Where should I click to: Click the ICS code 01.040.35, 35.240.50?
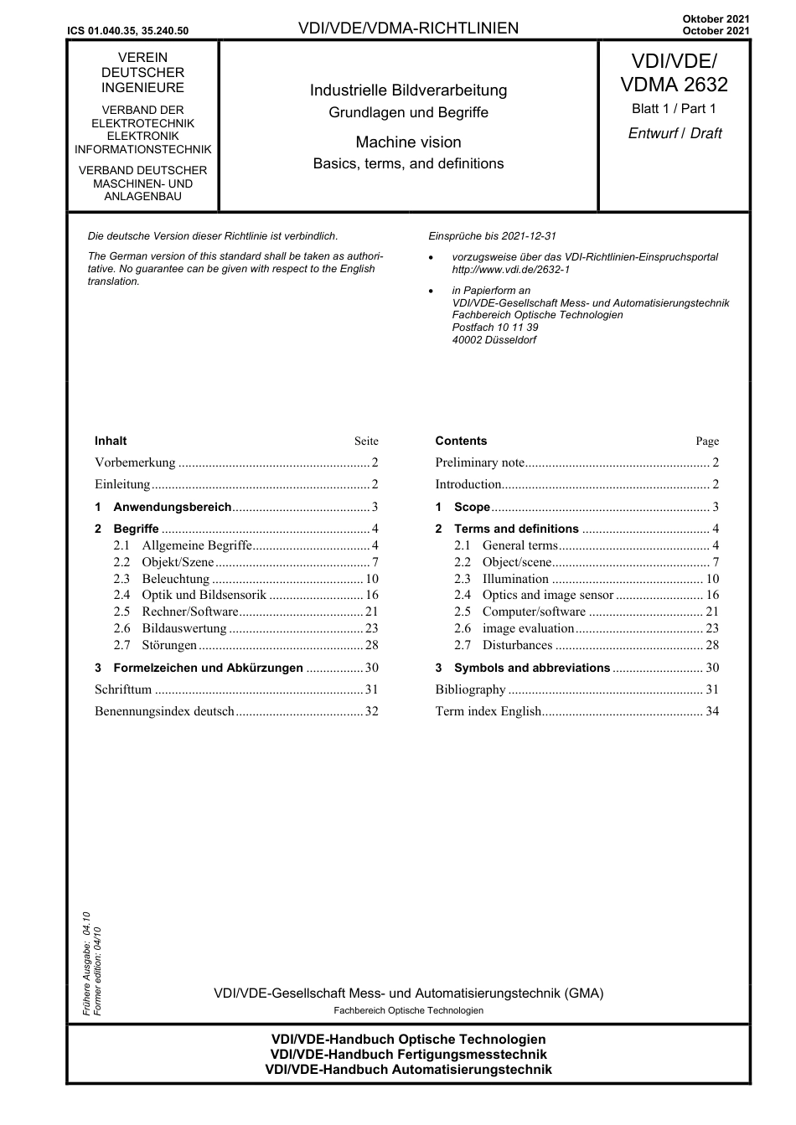128,31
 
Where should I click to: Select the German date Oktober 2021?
716,18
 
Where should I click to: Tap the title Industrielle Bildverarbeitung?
408,90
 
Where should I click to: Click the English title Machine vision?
408,142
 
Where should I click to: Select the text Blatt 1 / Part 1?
674,109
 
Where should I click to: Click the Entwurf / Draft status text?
675,133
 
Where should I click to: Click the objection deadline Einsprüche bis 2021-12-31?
492,236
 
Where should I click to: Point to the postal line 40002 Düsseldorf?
494,340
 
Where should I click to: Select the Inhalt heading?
111,441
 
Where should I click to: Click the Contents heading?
461,441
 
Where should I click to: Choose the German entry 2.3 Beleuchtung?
175,579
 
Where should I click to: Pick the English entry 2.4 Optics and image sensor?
548,596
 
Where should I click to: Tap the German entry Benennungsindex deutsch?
165,712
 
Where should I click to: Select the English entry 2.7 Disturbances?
517,645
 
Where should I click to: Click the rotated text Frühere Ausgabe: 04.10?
86,963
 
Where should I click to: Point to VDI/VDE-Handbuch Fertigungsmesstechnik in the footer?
408,1055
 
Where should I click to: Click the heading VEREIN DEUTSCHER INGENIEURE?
142,73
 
